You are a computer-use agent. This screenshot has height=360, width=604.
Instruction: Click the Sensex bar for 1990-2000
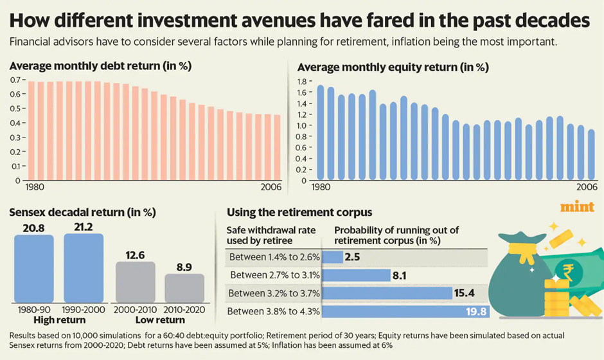pos(84,268)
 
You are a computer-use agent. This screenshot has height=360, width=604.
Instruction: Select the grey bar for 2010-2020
pos(184,288)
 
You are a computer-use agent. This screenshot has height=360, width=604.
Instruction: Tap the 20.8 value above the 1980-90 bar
pos(34,228)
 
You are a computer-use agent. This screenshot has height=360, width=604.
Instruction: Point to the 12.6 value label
pos(135,255)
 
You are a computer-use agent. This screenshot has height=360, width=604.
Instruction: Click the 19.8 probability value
pos(476,311)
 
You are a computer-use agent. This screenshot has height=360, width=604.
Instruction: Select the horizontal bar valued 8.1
pos(357,275)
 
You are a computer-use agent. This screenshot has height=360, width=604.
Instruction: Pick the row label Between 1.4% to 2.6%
pos(274,257)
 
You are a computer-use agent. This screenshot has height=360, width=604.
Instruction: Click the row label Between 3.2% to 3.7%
pos(274,293)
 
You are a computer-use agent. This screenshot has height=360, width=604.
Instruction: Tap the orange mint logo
pos(577,207)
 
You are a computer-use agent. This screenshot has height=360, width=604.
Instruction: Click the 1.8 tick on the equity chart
pos(302,82)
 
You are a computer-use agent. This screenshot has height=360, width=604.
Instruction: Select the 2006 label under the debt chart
pos(271,187)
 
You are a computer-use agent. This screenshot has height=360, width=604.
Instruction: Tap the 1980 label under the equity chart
pos(321,187)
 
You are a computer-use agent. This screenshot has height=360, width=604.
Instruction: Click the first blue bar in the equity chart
pos(321,132)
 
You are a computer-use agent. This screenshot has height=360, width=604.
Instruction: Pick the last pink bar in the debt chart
pos(277,147)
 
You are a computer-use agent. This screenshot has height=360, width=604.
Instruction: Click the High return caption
pos(59,320)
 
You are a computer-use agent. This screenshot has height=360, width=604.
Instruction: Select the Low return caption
pos(160,320)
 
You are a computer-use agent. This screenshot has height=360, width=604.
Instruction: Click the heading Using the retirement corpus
pos(299,212)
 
